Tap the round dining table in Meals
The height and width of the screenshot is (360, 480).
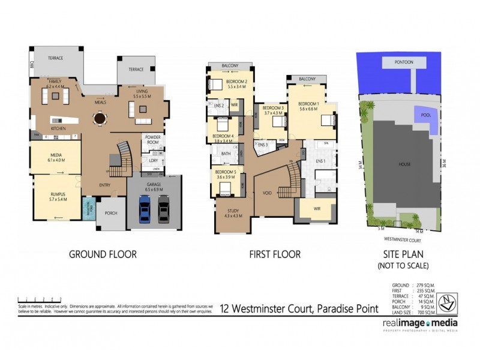pos(98,118)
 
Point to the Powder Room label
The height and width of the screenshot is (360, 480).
pos(152,139)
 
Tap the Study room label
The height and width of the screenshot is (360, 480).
pos(233,213)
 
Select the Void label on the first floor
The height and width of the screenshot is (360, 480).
pos(268,194)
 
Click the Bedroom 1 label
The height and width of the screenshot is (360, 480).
pos(308,106)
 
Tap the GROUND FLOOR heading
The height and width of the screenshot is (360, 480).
pos(103,254)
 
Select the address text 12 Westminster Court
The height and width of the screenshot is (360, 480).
pos(298,309)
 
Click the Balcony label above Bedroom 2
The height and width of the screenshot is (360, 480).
pos(230,65)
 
